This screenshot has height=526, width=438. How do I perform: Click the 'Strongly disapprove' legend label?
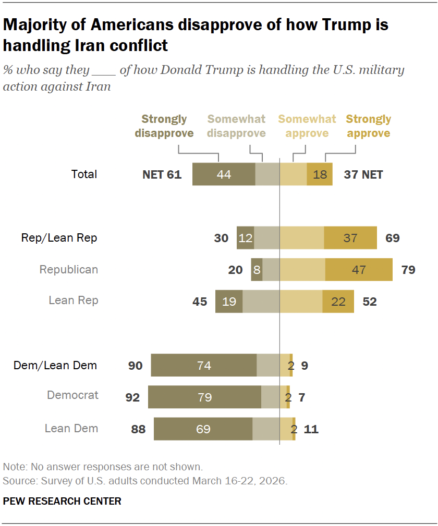[x=164, y=127]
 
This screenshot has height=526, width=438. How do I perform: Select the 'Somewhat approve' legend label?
[x=307, y=127]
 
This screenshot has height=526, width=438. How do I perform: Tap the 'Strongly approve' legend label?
[x=368, y=127]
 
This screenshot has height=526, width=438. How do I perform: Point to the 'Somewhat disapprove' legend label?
[x=236, y=127]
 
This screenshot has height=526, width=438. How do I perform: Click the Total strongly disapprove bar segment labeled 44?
[x=224, y=174]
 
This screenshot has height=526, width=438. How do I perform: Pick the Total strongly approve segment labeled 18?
[x=320, y=174]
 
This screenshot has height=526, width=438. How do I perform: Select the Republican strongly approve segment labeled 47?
[x=359, y=270]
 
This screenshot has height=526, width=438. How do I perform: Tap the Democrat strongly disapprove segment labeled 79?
[x=204, y=397]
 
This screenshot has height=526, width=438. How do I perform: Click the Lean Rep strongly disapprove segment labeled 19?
[x=229, y=302]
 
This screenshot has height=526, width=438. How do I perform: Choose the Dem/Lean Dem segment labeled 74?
[x=204, y=366]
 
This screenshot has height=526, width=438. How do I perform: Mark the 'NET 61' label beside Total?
[x=162, y=174]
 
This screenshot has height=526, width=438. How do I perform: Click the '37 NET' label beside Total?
[x=363, y=174]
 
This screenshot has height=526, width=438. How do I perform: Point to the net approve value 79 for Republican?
[x=408, y=270]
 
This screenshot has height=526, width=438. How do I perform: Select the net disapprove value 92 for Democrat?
[x=132, y=397]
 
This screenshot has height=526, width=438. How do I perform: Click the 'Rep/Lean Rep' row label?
[x=59, y=238]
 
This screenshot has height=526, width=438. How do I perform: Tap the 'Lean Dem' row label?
[x=71, y=429]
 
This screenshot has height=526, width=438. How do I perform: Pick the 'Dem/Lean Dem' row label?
[x=55, y=365]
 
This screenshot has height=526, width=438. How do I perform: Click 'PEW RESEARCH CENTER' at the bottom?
[x=62, y=501]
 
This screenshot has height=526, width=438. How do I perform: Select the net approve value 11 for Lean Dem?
[x=311, y=430]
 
